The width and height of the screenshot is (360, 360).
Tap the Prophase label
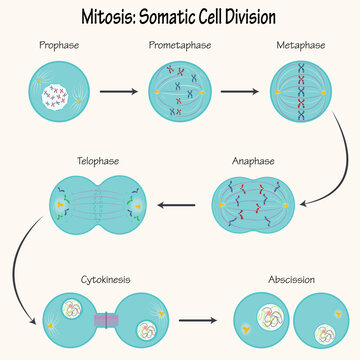pyautogui.click(x=58, y=46)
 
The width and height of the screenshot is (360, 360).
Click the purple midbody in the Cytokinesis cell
pyautogui.click(x=106, y=322)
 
